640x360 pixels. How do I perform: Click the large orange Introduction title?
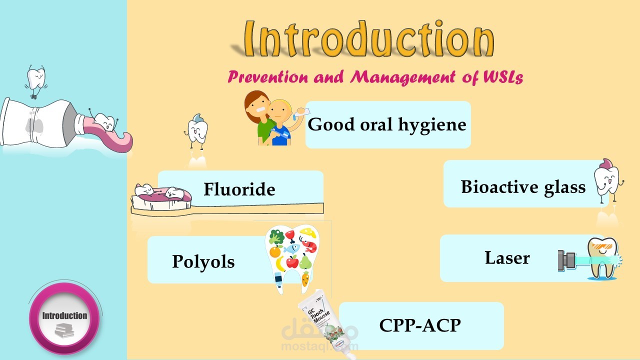(368, 38)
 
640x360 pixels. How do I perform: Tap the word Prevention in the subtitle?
(267, 77)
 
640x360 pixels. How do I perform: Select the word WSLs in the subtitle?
(503, 77)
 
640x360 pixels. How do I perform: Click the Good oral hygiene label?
(387, 124)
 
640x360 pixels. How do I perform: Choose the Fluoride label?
(239, 189)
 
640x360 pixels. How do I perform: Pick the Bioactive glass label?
(523, 187)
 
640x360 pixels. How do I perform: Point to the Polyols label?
(203, 261)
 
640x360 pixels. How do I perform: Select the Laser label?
(507, 257)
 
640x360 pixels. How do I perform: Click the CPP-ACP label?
(420, 325)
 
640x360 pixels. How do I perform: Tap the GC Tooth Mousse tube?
(325, 323)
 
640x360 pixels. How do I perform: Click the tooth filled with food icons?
(292, 259)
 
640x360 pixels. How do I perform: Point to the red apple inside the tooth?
(292, 261)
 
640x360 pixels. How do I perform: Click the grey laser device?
(566, 260)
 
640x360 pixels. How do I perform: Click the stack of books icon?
(64, 330)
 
